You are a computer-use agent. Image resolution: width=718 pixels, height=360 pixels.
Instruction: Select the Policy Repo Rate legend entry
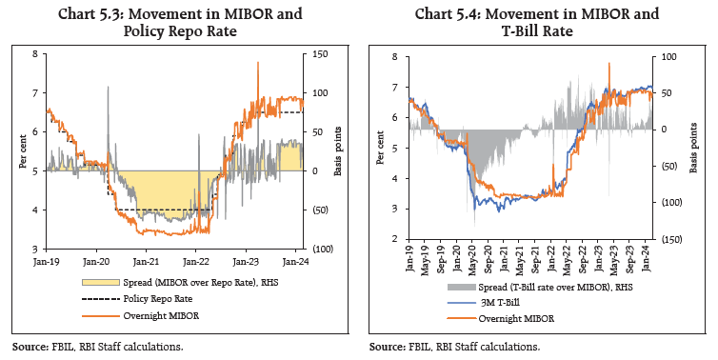pos(157,297)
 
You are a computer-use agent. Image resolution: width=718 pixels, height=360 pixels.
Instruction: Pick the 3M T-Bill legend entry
pos(509,304)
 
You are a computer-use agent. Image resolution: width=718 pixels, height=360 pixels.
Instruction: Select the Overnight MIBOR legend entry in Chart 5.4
pos(519,318)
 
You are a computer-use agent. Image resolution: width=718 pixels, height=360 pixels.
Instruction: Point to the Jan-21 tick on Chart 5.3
pos(145,259)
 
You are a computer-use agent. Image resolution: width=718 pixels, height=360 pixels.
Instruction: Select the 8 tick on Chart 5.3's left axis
pos(35,54)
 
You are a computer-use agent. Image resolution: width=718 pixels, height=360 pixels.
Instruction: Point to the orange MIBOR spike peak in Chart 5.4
pos(609,63)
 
